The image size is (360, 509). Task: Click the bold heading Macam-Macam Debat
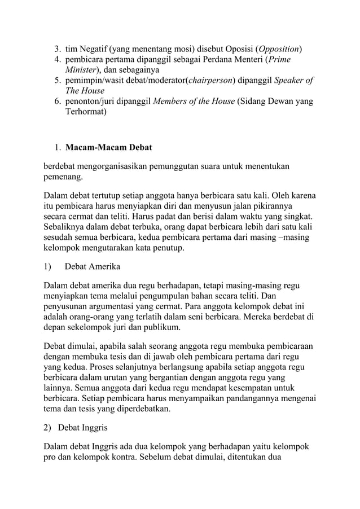[108, 148]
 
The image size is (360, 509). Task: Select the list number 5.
[57, 80]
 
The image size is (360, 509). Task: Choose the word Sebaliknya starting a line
[66, 227]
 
